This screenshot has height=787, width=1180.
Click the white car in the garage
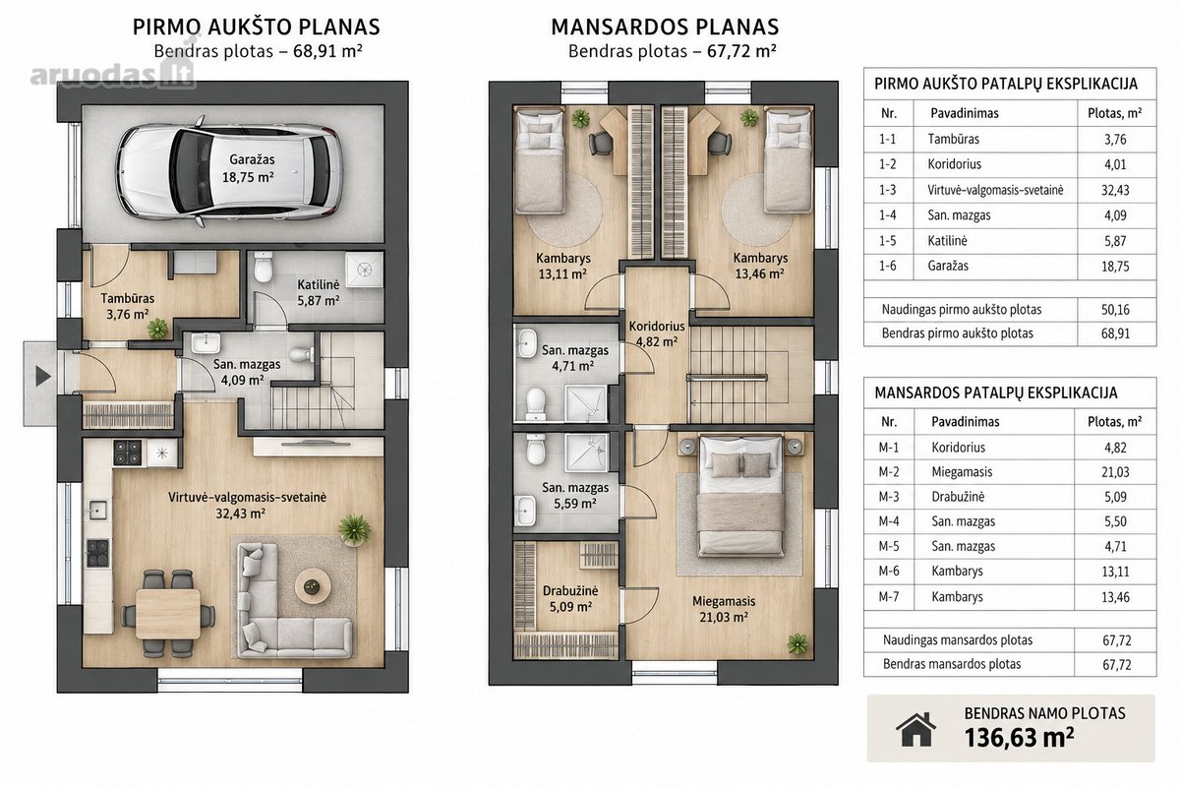coord(230,171)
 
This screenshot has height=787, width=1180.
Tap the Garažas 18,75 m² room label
coord(248,168)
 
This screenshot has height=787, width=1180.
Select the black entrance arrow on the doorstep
coord(42,377)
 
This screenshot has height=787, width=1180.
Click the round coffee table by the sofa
coord(313,586)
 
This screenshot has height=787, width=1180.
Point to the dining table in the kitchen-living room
coord(168,614)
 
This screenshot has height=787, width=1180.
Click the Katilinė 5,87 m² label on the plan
coord(319,292)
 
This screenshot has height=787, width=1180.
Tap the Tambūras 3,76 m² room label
coord(128,306)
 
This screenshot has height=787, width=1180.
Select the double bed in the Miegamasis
coord(741,496)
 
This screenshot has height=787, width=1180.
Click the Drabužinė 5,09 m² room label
coord(570,599)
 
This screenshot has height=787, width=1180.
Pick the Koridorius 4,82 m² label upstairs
coord(657,333)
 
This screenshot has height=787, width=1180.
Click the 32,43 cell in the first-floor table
coord(1115,190)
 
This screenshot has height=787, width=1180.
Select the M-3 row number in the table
coord(888,497)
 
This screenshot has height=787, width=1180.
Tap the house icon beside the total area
coord(916,729)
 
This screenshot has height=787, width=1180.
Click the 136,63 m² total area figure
coord(1019,738)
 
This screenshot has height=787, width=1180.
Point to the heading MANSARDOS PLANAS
coord(665,27)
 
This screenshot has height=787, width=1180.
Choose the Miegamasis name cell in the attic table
coord(962,472)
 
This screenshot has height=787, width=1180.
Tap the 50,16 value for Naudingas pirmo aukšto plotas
coord(1115,310)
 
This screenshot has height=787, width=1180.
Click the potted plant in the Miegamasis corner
coord(797,643)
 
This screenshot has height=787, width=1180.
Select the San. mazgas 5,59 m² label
coord(575,496)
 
